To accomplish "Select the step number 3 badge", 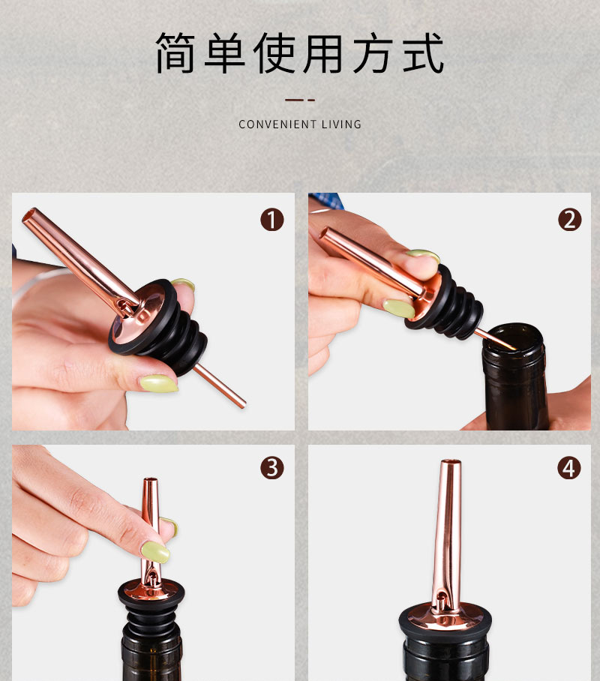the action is (x=272, y=468).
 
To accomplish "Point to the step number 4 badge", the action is (x=569, y=468).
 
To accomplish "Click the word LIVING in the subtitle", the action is (x=341, y=124).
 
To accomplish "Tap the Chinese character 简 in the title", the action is (x=175, y=53).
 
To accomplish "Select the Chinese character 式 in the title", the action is (x=424, y=53).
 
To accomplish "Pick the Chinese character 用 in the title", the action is (x=324, y=53).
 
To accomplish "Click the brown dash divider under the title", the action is (x=300, y=100).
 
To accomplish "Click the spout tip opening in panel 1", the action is (x=28, y=215).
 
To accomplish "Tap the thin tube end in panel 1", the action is (x=241, y=404).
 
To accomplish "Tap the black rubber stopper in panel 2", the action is (x=448, y=303).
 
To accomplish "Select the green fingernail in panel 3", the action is (x=155, y=551).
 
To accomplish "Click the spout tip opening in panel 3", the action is (x=151, y=480).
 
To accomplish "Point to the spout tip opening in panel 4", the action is (x=451, y=461).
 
